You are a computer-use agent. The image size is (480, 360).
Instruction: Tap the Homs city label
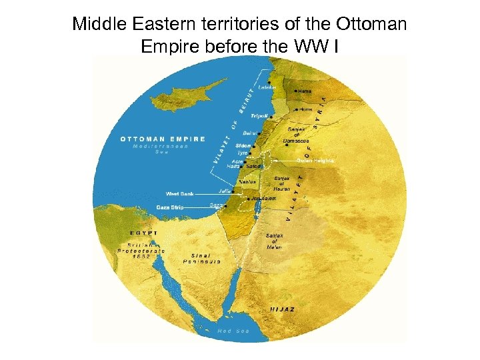(x=305, y=109)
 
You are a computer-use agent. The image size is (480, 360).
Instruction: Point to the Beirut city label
(x=250, y=133)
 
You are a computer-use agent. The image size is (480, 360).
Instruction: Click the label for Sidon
(x=243, y=145)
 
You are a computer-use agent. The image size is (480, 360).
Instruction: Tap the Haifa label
(x=233, y=166)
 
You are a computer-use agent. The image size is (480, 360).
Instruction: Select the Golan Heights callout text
(x=315, y=161)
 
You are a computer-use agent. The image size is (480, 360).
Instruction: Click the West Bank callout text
(x=180, y=194)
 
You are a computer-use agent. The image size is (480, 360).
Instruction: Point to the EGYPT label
(x=144, y=233)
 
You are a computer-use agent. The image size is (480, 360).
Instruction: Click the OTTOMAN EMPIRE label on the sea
(x=163, y=139)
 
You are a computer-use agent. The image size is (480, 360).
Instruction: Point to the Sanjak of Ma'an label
(x=275, y=241)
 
